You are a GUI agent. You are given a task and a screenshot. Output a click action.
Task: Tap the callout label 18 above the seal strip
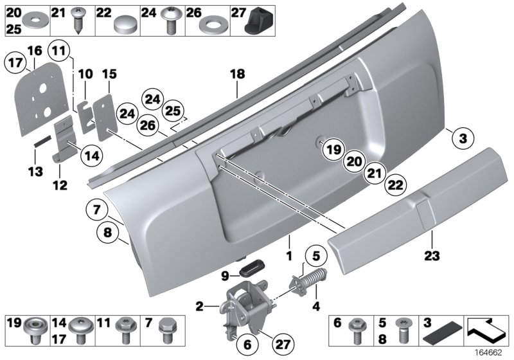[x=238, y=75]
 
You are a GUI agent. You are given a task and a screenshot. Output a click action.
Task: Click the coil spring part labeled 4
[x=308, y=283]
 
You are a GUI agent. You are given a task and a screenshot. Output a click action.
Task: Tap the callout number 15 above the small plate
[x=108, y=75]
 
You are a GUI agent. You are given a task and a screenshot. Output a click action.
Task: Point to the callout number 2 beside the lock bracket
[x=200, y=307]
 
